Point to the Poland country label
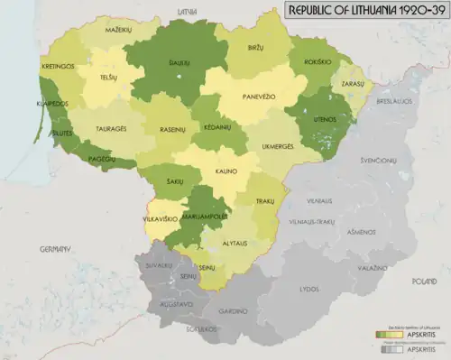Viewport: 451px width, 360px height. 424,282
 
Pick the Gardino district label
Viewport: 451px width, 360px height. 236,310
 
